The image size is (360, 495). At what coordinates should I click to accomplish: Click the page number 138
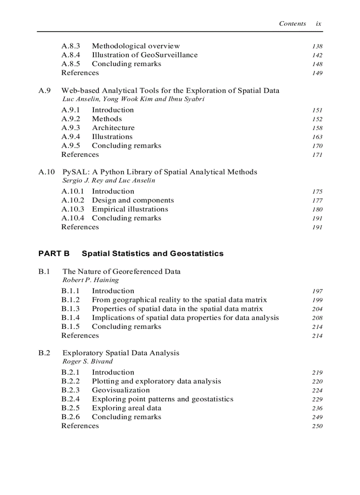tap(317, 46)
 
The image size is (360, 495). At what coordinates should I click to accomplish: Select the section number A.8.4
tap(71, 55)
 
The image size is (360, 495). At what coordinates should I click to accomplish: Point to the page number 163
tap(317, 137)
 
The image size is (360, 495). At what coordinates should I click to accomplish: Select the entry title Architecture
tap(113, 128)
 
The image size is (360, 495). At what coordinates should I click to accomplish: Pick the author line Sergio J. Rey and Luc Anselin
tap(109, 180)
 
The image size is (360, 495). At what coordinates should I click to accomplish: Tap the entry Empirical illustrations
tap(130, 209)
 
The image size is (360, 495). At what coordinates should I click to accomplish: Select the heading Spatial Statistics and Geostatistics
tap(153, 253)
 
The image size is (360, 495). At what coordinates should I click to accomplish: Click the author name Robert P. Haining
tap(90, 280)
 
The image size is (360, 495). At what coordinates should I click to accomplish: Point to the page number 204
tap(317, 309)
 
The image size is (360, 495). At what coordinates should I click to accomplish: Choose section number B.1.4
tap(71, 318)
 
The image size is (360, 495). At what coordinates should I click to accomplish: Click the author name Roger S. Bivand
tap(87, 361)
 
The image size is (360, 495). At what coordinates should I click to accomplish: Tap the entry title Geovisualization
tap(120, 390)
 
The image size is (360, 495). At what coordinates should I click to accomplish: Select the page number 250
tap(317, 426)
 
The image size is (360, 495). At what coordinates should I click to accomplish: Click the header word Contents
tap(292, 24)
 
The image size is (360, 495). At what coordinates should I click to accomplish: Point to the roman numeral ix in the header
tap(319, 24)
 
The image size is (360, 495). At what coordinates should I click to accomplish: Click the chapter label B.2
tap(44, 353)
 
